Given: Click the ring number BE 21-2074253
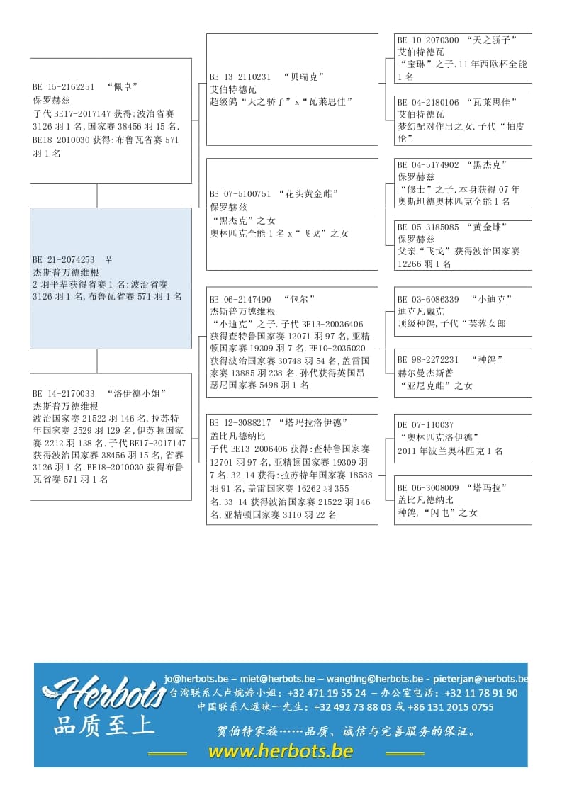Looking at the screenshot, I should (x=64, y=260).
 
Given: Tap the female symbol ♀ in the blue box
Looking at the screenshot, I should (x=108, y=260).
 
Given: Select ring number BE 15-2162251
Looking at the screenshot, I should (x=64, y=87).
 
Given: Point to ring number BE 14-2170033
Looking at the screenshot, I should (x=64, y=394).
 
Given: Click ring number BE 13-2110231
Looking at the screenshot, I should (x=241, y=77).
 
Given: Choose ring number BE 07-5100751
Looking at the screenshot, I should (x=241, y=194).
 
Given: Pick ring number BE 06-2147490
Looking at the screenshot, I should (x=241, y=300).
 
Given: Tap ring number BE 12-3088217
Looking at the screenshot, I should (x=241, y=423).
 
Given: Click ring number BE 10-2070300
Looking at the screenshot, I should (x=428, y=40).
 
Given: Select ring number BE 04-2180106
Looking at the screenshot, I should (x=428, y=103).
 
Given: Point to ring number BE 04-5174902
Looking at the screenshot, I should (x=428, y=165).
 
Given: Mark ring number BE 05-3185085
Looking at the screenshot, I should (x=428, y=227).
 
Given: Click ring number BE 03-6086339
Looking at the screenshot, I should (x=428, y=300).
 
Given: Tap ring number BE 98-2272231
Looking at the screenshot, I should (x=428, y=360).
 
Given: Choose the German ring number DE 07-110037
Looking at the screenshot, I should (x=426, y=425).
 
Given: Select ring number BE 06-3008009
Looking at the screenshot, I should (x=428, y=488).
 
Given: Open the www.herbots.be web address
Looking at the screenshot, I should (x=281, y=751).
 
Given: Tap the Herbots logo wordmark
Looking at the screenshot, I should (x=106, y=692).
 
